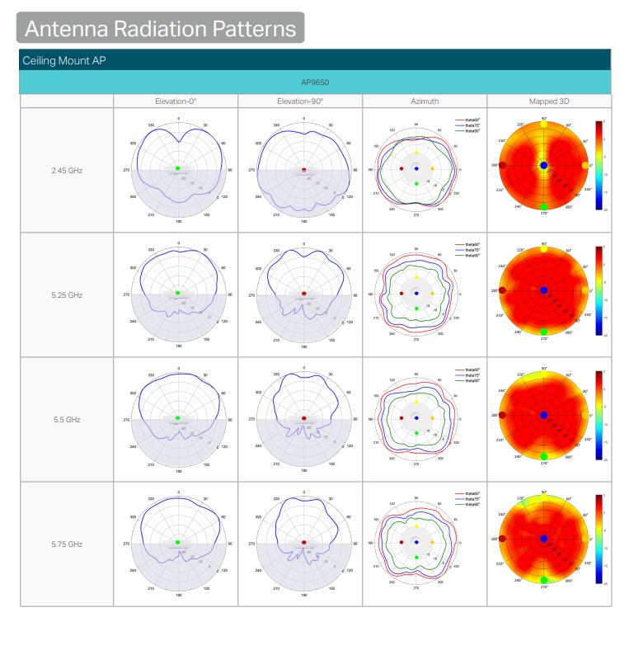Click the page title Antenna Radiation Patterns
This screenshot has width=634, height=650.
[160, 28]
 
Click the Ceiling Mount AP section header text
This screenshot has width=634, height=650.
[63, 60]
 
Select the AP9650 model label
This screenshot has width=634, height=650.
[315, 82]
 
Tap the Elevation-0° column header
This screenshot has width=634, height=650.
[176, 101]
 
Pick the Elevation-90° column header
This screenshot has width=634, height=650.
[300, 101]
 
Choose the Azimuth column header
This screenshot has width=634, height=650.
[425, 101]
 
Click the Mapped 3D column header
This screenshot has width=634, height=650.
[549, 101]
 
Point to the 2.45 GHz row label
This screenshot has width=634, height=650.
[67, 170]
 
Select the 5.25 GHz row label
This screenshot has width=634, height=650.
[67, 294]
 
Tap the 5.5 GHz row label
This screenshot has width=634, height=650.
[67, 420]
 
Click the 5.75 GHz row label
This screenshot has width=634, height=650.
[67, 544]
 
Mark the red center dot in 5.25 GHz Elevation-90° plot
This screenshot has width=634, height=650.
[304, 293]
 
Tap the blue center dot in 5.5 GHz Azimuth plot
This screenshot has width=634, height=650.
[417, 417]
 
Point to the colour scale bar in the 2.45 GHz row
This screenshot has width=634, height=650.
[599, 165]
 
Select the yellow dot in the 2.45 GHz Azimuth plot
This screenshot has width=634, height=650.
[417, 153]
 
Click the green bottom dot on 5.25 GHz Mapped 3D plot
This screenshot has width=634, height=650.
[544, 332]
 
